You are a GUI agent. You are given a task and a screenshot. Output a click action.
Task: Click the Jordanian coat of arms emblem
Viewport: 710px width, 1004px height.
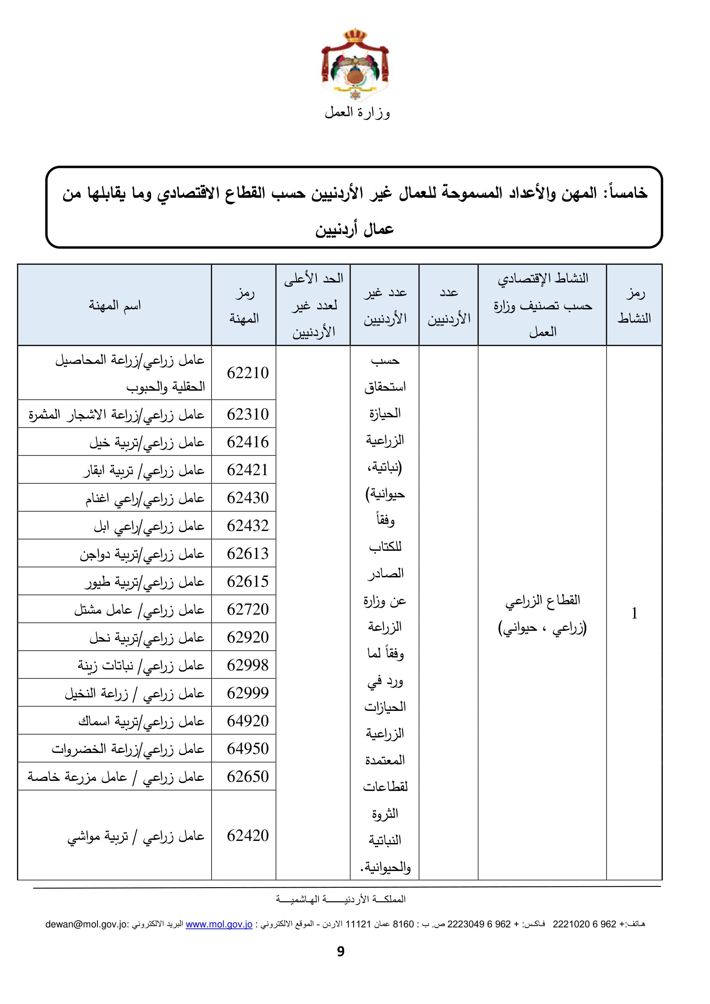click(x=355, y=65)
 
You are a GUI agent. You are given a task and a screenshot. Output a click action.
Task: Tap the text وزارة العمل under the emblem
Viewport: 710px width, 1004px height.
click(x=357, y=113)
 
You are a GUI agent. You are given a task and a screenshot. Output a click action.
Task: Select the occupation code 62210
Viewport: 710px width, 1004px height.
click(x=247, y=373)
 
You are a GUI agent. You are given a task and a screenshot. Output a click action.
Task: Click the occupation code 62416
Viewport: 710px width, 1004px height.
click(x=247, y=442)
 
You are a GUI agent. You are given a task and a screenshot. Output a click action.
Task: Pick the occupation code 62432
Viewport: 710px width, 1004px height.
click(x=247, y=526)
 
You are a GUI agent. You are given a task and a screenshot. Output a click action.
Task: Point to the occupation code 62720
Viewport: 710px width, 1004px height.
click(x=247, y=609)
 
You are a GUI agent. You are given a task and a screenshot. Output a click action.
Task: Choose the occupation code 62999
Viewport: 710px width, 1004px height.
click(x=247, y=693)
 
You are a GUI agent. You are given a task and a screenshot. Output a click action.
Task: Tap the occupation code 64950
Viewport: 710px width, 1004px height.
click(x=247, y=749)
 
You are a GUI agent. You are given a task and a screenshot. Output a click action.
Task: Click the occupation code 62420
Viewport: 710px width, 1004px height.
click(x=247, y=835)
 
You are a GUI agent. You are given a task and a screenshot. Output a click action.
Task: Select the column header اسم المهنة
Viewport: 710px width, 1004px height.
click(x=115, y=305)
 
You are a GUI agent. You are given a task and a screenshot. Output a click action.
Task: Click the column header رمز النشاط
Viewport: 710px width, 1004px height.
click(x=634, y=305)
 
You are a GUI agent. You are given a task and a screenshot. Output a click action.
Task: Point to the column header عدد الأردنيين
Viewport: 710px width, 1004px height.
click(x=449, y=305)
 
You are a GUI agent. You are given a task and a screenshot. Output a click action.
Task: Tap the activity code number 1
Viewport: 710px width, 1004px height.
click(x=634, y=613)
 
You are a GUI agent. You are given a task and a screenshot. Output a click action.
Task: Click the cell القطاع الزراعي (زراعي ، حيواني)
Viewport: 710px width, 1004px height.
click(x=542, y=613)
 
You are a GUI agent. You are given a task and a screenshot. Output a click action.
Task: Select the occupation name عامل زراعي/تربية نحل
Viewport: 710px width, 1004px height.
click(x=147, y=637)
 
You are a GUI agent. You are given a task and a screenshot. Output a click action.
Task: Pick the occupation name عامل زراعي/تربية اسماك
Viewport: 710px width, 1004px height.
click(x=141, y=721)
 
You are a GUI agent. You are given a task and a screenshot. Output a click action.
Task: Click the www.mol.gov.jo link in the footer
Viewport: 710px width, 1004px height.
click(x=219, y=924)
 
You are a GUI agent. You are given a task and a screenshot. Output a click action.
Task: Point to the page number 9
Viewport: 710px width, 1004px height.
click(x=341, y=951)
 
